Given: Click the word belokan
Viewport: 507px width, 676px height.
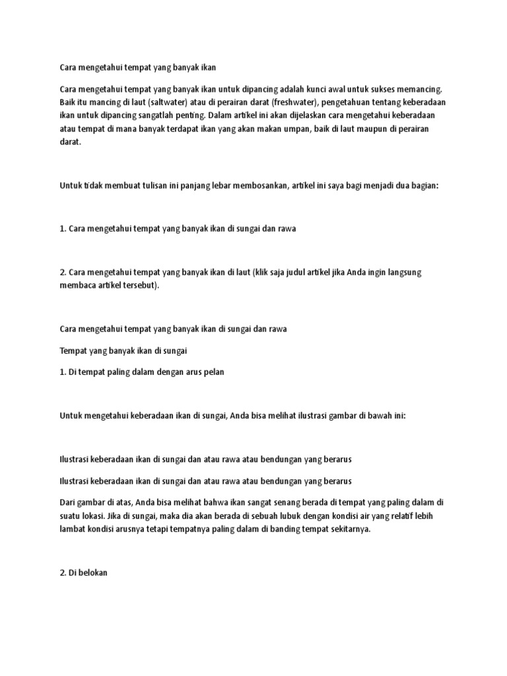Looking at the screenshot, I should tap(92, 573).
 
